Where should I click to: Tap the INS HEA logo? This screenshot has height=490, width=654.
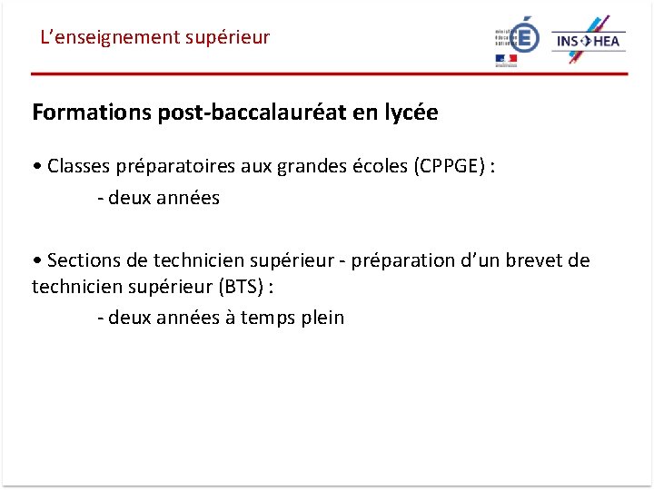589,40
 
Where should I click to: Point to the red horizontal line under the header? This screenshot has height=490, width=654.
327,73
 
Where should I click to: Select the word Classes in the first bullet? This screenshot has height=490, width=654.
78,166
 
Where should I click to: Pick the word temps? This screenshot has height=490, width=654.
268,318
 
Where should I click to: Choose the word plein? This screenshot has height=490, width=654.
322,318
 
